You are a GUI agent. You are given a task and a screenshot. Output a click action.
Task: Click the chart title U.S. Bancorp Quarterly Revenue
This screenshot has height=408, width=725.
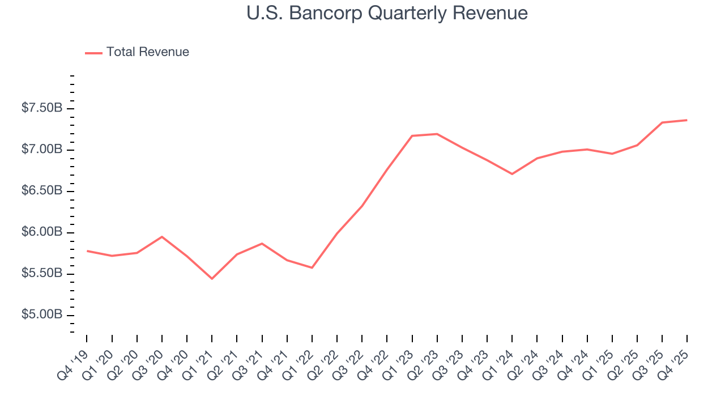[387, 13]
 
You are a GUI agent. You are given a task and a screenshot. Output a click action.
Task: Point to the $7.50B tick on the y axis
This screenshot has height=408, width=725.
[42, 108]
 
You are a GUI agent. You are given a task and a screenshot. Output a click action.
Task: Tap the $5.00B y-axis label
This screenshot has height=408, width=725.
[42, 315]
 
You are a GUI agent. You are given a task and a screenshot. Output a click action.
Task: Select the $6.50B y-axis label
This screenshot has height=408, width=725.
[42, 191]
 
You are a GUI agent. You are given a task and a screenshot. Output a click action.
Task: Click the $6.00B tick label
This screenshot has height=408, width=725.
[42, 232]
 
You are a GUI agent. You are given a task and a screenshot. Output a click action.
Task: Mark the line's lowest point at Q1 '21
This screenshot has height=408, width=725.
[212, 279]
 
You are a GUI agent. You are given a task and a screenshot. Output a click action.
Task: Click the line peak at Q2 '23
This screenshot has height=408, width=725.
[437, 134]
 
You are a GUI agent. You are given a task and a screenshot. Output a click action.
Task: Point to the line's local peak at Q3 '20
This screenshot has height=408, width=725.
[162, 237]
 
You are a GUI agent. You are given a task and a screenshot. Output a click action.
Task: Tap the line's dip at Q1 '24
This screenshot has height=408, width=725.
[512, 174]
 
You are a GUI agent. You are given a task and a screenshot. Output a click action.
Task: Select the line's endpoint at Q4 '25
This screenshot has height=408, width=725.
[687, 120]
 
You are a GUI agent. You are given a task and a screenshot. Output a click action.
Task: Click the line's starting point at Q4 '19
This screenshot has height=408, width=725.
[87, 250]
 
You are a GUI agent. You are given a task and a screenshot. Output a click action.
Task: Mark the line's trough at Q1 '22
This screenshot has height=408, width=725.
[312, 267]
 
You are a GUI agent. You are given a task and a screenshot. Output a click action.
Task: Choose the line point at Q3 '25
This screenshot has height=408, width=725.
[662, 122]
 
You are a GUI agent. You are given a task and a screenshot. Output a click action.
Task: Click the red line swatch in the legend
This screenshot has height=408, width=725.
[93, 53]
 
